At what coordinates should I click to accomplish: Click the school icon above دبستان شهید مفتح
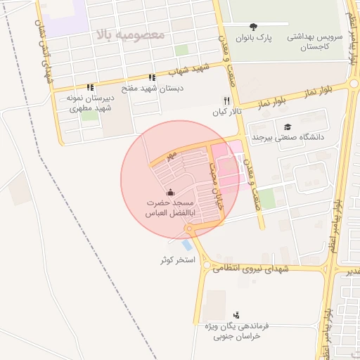151,78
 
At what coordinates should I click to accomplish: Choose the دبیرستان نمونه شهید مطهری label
89,103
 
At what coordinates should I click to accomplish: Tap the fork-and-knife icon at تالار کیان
226,101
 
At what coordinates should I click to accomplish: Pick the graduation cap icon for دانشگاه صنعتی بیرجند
287,127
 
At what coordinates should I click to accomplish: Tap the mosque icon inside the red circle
169,192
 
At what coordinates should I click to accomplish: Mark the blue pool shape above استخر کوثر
186,245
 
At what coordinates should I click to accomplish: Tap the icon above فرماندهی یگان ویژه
236,315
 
